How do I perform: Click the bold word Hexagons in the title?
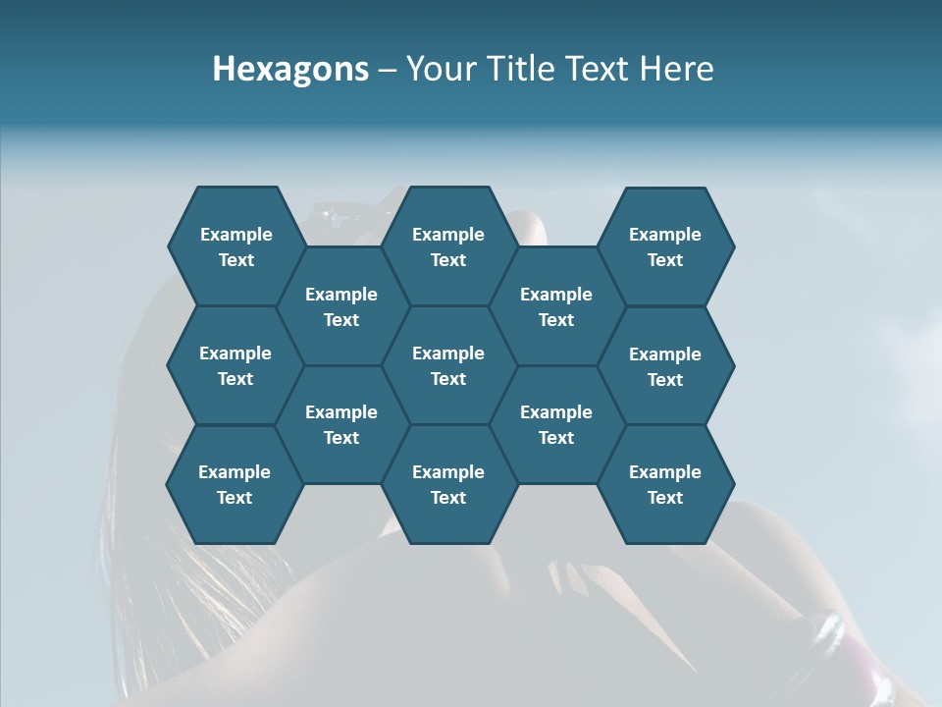pyautogui.click(x=290, y=69)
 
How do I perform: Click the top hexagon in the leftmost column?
pyautogui.click(x=235, y=246)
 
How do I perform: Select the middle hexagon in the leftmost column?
pyautogui.click(x=235, y=365)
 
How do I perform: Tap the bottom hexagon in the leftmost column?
pyautogui.click(x=235, y=484)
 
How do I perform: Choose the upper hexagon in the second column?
pyautogui.click(x=341, y=306)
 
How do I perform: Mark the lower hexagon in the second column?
pyautogui.click(x=341, y=424)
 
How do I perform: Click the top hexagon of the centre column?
pyautogui.click(x=448, y=246)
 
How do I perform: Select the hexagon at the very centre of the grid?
pyautogui.click(x=448, y=365)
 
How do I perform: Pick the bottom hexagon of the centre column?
pyautogui.click(x=448, y=484)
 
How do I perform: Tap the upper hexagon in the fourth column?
pyautogui.click(x=556, y=306)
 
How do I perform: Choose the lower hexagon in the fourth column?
pyautogui.click(x=556, y=424)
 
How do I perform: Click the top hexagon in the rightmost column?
pyautogui.click(x=665, y=246)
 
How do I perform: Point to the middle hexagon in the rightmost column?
pyautogui.click(x=665, y=366)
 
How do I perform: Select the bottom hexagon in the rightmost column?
pyautogui.click(x=665, y=484)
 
